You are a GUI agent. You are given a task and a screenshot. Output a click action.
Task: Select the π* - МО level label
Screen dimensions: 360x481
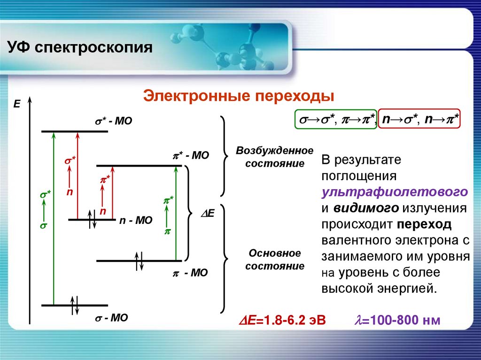tap(191, 155)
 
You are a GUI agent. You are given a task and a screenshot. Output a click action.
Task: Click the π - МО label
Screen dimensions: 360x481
tap(191, 272)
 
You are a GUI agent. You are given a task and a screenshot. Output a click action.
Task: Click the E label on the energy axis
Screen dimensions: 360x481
tap(17, 104)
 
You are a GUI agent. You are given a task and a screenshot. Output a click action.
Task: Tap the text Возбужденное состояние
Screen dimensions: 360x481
tap(274, 157)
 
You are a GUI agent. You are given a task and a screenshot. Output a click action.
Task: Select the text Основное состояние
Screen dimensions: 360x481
tap(274, 260)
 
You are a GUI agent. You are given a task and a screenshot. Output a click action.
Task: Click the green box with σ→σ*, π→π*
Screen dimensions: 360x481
tap(335, 120)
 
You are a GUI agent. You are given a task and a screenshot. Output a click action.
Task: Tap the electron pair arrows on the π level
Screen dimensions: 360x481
tap(139, 260)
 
